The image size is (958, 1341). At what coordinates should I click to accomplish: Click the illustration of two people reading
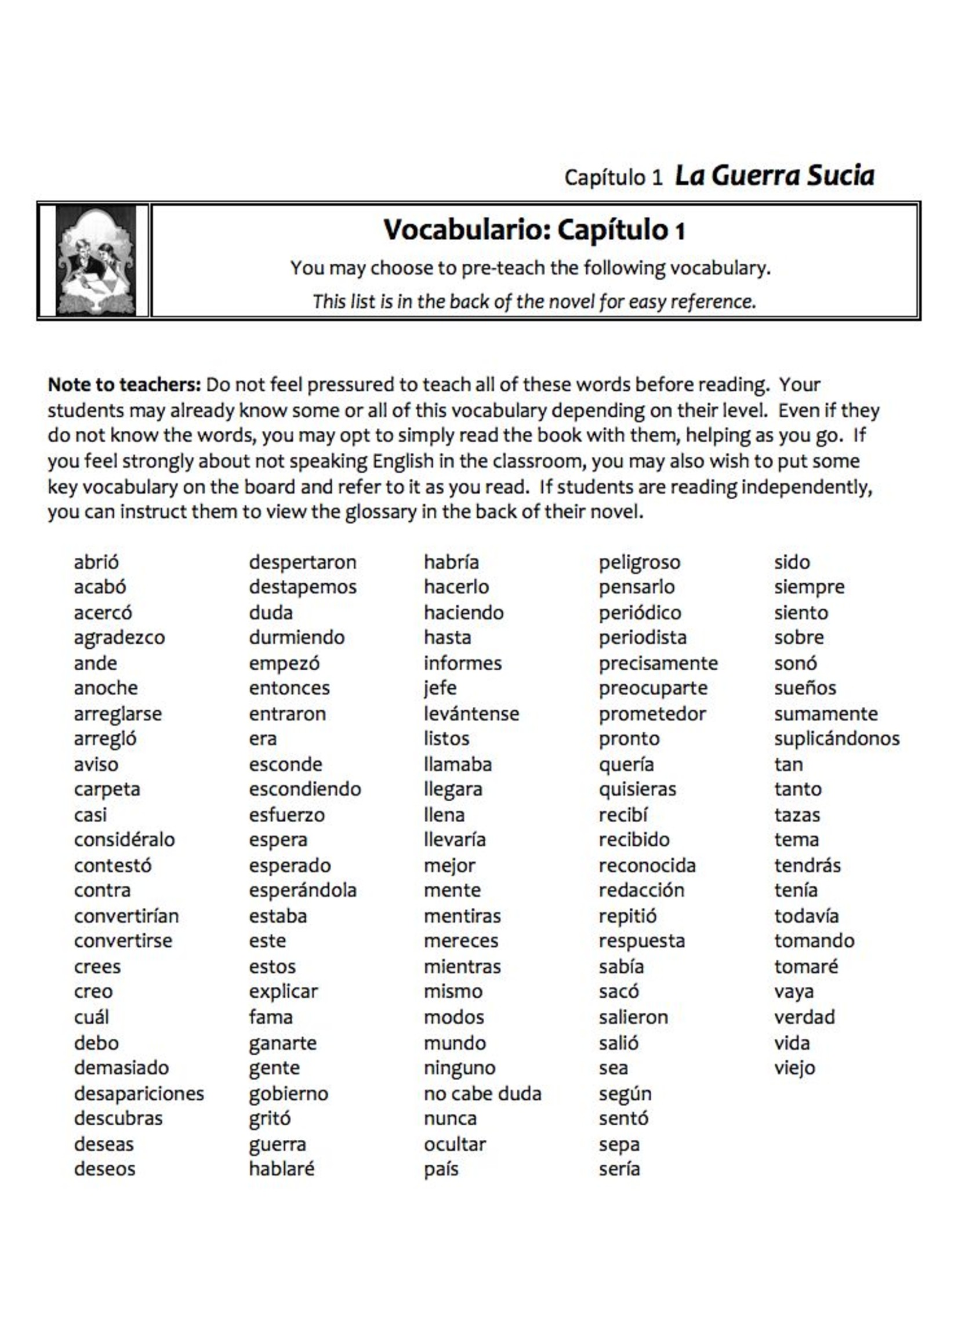[96, 260]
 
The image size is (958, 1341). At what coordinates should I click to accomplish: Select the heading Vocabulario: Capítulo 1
[534, 230]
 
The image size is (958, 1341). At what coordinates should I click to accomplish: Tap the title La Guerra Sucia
[774, 176]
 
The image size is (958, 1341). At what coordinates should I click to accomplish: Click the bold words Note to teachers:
[125, 384]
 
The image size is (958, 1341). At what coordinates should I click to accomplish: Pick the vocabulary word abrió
[96, 562]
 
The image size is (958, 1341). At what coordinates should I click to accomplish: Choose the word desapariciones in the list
[139, 1093]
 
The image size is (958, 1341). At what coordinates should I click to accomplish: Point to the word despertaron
[302, 562]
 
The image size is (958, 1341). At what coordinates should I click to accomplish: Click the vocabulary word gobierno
[288, 1093]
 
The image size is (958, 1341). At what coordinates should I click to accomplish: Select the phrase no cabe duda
[482, 1093]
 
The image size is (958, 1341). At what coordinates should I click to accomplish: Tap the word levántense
[471, 714]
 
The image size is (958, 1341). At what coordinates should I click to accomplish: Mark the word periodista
[643, 638]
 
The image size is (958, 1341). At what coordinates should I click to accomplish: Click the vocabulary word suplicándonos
[836, 738]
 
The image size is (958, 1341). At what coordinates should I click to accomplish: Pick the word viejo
[794, 1067]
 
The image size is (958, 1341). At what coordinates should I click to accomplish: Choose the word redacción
[641, 890]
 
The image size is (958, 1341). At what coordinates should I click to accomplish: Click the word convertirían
[126, 916]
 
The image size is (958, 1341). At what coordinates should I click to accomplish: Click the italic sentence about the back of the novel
[534, 301]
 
